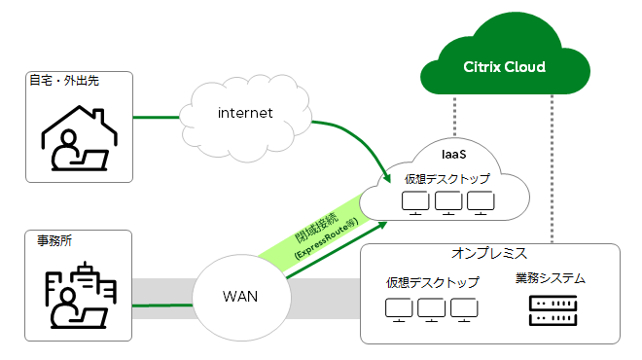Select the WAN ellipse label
pos(239,296)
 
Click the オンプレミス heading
pos(489,253)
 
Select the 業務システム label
pos(551,279)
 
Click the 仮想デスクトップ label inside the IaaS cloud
pos(448,179)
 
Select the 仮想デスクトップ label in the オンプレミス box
pos(433,283)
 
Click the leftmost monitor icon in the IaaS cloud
pos(417,203)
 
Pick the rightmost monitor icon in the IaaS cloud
pos(481,203)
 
